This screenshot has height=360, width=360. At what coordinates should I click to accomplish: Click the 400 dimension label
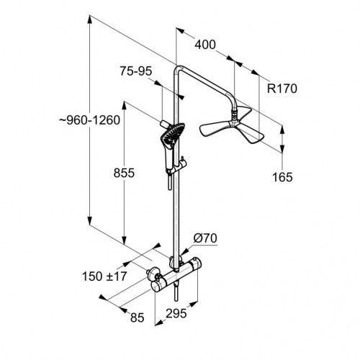205,45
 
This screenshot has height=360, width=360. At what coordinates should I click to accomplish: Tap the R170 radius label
282,89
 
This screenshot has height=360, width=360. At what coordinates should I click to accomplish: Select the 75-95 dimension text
136,71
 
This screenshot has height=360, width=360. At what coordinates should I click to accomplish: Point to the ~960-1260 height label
90,120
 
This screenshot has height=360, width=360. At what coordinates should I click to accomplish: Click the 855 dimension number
124,173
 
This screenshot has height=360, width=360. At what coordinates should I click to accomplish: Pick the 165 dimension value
282,177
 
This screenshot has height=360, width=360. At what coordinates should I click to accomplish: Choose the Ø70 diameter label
205,238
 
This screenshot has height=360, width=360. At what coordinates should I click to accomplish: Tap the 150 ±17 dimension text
104,276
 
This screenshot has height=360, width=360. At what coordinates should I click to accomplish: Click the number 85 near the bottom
138,318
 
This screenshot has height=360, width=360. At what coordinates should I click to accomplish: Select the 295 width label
176,313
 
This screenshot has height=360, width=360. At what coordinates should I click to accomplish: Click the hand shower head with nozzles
172,135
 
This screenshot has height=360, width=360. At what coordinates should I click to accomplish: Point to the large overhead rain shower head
232,125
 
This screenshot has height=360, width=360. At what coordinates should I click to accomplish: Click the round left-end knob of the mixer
156,287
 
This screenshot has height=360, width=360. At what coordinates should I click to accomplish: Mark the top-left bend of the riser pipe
178,69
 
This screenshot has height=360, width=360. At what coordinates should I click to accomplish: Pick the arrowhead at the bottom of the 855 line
124,240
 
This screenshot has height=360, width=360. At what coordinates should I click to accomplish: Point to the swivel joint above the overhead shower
234,116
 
